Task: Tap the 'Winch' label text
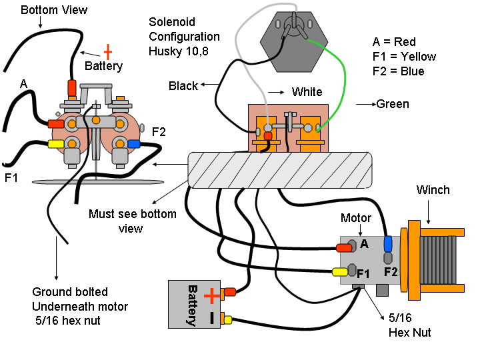[433, 190]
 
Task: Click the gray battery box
[194, 304]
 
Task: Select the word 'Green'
[393, 104]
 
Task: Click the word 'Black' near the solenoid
[183, 86]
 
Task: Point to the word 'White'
[307, 92]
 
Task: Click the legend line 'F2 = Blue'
[398, 71]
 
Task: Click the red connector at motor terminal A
[344, 248]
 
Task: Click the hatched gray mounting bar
[280, 169]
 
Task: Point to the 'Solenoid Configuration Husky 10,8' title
[184, 36]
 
